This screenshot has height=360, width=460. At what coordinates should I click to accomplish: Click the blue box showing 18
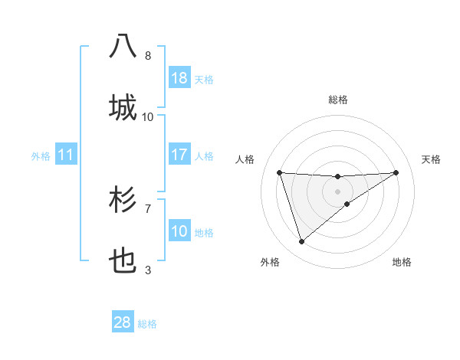tap(179, 78)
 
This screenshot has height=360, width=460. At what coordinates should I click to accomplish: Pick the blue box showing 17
tap(179, 155)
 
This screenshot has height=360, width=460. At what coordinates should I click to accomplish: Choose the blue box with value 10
tap(179, 231)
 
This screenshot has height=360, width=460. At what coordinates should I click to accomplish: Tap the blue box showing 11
tap(66, 155)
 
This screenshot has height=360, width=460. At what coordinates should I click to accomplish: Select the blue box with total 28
tap(123, 322)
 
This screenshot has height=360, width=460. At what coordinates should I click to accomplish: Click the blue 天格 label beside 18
tap(204, 80)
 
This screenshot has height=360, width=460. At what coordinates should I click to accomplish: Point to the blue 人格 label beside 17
tap(204, 156)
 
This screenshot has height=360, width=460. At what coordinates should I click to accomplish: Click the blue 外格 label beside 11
tap(41, 156)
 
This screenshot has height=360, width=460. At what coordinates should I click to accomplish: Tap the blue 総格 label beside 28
tap(147, 324)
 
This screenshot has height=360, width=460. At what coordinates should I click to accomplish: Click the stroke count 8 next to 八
tap(148, 56)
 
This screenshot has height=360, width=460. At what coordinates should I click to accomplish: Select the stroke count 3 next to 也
tap(148, 270)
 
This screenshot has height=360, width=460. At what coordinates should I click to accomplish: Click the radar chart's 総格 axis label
tap(338, 100)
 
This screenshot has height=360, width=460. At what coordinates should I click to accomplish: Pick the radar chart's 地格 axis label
tap(402, 262)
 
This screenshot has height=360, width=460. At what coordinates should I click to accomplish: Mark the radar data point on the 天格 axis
tap(396, 172)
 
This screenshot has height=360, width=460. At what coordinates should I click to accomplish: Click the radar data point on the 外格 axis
tap(302, 242)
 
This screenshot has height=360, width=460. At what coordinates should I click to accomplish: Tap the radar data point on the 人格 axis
tap(280, 172)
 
